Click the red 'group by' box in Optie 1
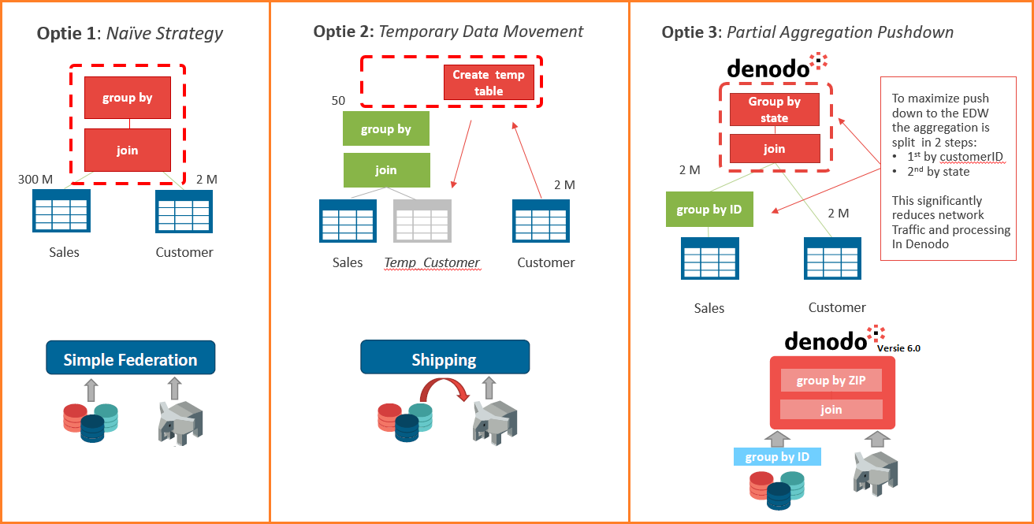click(127, 98)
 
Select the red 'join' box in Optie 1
click(127, 150)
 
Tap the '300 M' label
click(35, 180)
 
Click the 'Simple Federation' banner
click(130, 359)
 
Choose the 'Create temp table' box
click(489, 83)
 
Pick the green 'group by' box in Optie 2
click(386, 128)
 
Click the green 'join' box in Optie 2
click(386, 169)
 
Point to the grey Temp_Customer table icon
click(422, 221)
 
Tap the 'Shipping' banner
click(444, 359)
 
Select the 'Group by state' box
click(774, 110)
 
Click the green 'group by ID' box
click(709, 209)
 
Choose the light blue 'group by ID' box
click(777, 456)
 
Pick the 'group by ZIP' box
click(831, 381)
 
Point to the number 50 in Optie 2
click(338, 101)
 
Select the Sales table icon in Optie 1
click(61, 210)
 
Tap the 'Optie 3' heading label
click(690, 32)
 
